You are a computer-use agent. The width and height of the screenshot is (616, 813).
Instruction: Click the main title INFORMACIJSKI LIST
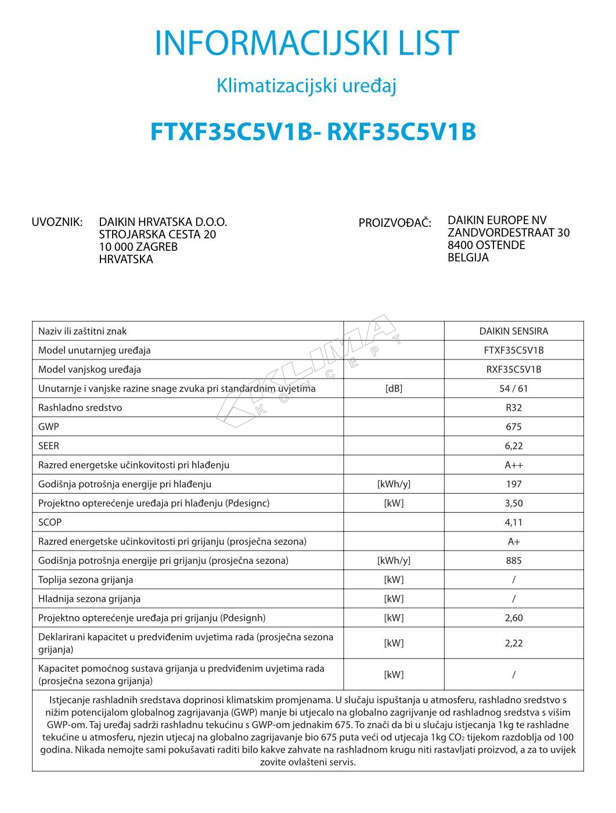[307, 42]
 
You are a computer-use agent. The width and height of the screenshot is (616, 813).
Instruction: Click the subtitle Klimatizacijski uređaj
[307, 86]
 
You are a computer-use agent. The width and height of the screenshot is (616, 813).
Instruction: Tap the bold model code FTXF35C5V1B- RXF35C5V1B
[313, 132]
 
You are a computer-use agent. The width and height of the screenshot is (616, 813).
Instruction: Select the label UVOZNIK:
[57, 222]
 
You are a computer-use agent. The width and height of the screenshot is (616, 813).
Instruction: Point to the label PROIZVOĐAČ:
[395, 223]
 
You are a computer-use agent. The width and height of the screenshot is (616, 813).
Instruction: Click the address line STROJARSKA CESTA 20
[157, 235]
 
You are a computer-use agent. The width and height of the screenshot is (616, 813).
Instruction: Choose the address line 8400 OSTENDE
[486, 245]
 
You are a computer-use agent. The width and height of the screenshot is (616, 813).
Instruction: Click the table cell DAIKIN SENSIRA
[513, 331]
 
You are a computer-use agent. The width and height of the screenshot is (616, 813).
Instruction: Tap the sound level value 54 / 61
[513, 388]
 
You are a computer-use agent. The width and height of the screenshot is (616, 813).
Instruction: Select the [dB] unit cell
[394, 388]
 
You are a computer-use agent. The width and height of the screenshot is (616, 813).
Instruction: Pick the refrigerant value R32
[513, 408]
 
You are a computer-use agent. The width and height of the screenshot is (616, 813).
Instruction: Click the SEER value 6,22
[513, 446]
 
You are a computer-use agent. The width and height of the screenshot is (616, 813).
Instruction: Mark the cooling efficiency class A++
[513, 465]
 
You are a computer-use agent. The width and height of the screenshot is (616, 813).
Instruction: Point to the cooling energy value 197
[513, 484]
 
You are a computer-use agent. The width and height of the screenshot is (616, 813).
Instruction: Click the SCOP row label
[50, 522]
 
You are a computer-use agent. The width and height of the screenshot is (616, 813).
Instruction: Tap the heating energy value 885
[513, 560]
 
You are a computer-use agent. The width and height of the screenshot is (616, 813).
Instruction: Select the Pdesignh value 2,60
[513, 618]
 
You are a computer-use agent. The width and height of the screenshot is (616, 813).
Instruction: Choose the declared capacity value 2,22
[513, 643]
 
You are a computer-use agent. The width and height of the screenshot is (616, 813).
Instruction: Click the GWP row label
[49, 427]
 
